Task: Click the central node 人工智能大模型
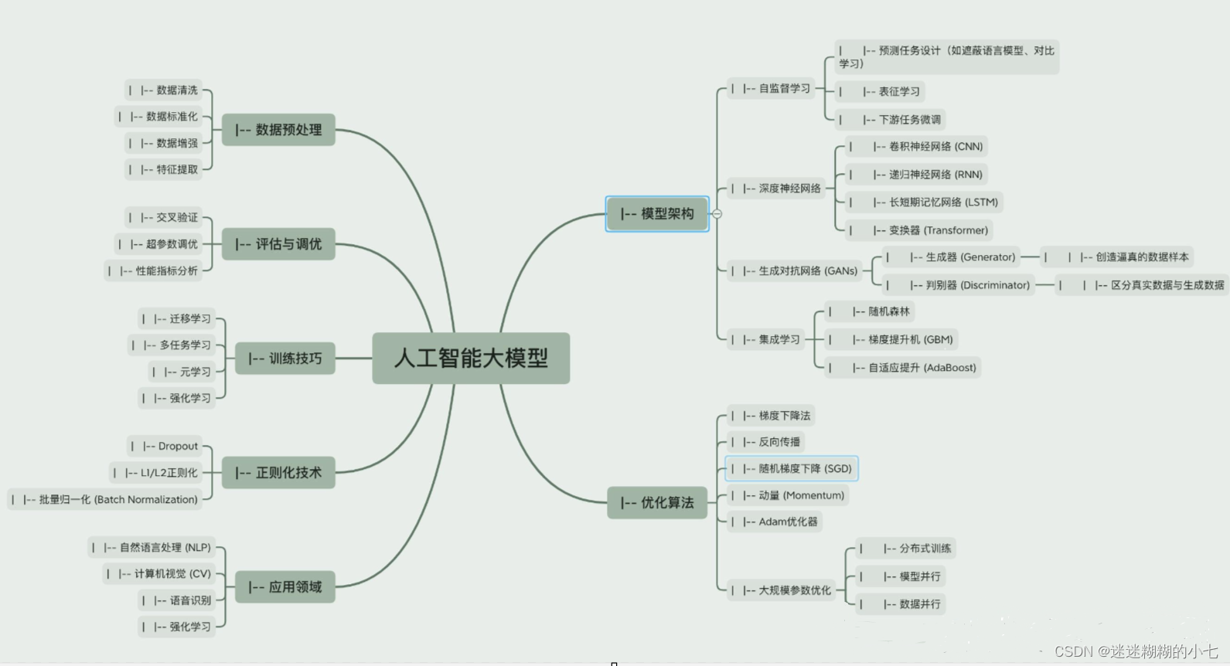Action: [x=471, y=358]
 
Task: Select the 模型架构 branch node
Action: [x=657, y=214]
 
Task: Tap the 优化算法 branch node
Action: [x=657, y=503]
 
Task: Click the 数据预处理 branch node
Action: [x=278, y=130]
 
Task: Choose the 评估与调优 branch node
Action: [x=278, y=244]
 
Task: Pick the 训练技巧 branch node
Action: [x=285, y=358]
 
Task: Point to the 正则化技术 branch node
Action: [x=278, y=473]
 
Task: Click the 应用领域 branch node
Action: [x=285, y=587]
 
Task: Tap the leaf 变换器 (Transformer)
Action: [x=919, y=230]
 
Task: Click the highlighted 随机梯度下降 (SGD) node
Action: [x=792, y=469]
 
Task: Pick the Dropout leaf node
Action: [x=165, y=447]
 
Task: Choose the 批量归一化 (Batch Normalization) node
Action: [x=105, y=500]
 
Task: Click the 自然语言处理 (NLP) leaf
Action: [x=152, y=548]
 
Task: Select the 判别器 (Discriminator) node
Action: [x=959, y=285]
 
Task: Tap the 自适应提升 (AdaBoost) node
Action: [x=903, y=368]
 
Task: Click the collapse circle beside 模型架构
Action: [x=717, y=214]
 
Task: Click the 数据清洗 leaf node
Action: [x=164, y=90]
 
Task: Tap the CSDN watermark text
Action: [x=1136, y=651]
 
